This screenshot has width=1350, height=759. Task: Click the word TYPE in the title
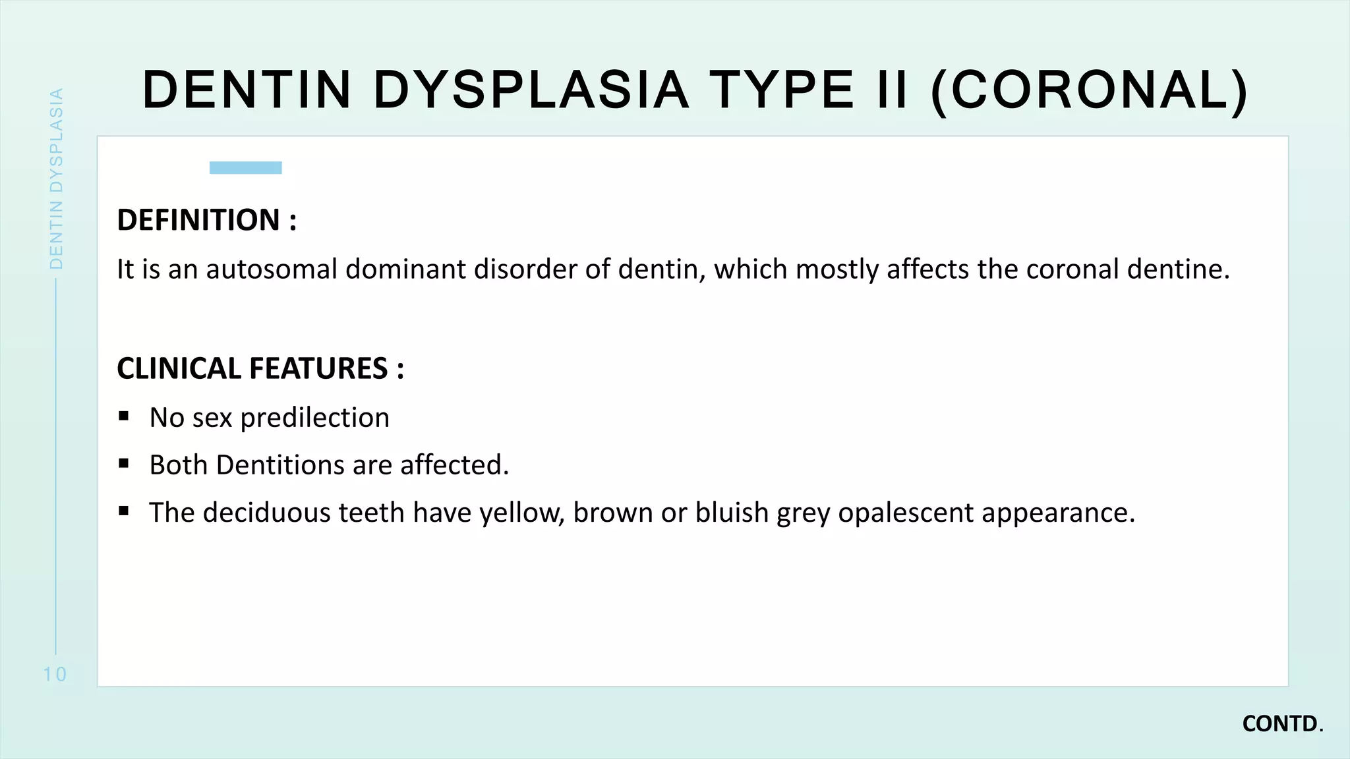(782, 90)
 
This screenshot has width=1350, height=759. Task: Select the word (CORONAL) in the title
(1090, 91)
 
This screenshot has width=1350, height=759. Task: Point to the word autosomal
(272, 269)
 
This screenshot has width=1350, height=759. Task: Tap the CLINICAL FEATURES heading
(260, 368)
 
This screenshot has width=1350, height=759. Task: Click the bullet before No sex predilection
(124, 416)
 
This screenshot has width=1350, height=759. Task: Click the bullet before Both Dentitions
(124, 464)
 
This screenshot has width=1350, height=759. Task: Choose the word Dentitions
(279, 465)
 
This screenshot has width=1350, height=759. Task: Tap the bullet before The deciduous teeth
(124, 511)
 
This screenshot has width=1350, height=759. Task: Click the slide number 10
(55, 674)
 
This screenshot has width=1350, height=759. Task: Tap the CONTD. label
(1282, 724)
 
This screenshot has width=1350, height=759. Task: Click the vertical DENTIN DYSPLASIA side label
(57, 179)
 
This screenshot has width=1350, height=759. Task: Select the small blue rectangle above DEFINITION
(245, 168)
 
